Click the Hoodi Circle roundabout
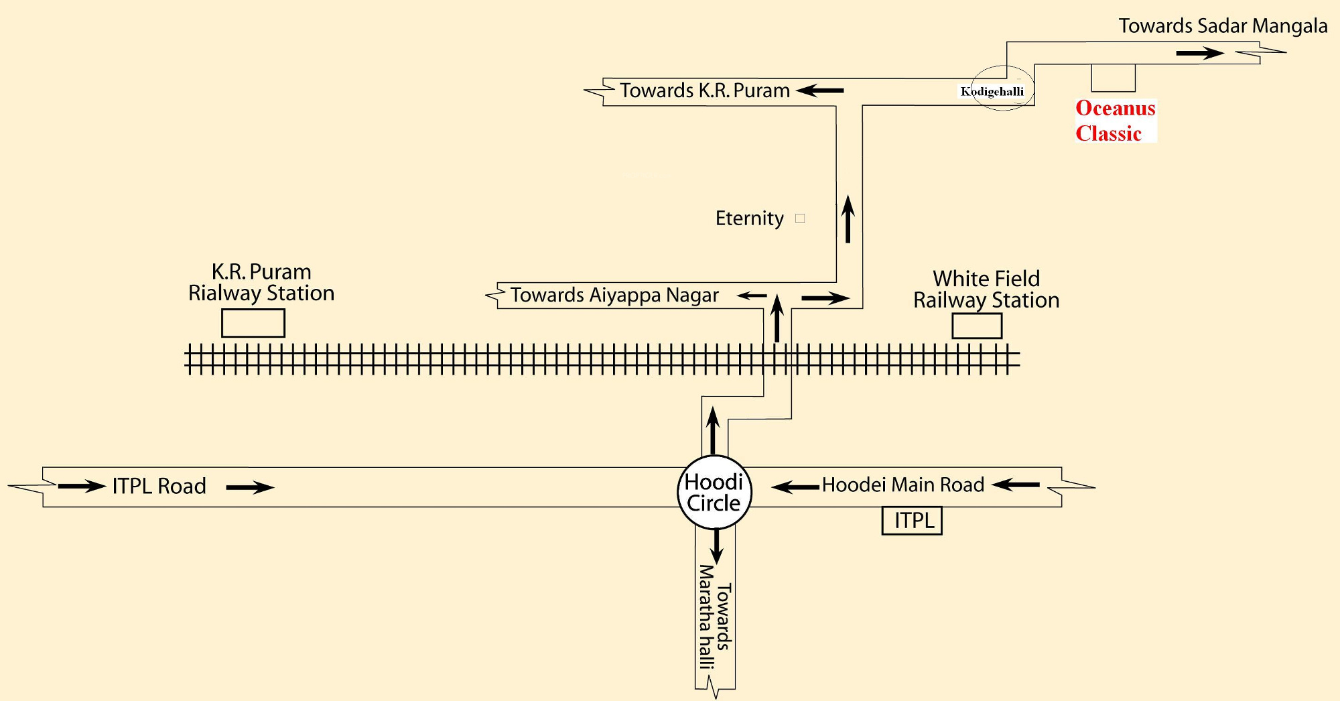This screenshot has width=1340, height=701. coord(714,493)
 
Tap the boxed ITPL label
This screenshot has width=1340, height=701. coord(912,521)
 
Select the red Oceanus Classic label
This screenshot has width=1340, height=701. coord(1116,121)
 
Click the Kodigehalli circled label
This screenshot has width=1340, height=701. coord(993,91)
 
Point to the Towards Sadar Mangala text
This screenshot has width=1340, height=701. coord(1223,26)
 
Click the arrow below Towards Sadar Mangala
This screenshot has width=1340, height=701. coord(1200,53)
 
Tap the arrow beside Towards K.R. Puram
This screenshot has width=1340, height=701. coord(820,90)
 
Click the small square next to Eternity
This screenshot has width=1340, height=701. coord(800,218)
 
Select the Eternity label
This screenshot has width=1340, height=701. coord(749,218)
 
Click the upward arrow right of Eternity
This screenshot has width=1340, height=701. coord(848,218)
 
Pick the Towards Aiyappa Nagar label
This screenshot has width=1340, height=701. coord(614,295)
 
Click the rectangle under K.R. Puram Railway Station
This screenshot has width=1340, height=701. coord(253,323)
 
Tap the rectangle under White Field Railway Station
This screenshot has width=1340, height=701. coord(977,326)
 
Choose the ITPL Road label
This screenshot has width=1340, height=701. coord(159,486)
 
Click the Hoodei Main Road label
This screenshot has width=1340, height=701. coord(903,485)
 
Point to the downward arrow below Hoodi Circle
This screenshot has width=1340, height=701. coord(717,546)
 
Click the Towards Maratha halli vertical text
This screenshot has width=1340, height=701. coord(714,617)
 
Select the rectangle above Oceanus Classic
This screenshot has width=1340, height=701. coord(1113,78)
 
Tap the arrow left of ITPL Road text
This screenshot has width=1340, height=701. coord(82,486)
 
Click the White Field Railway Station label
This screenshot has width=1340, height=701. coord(986,290)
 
